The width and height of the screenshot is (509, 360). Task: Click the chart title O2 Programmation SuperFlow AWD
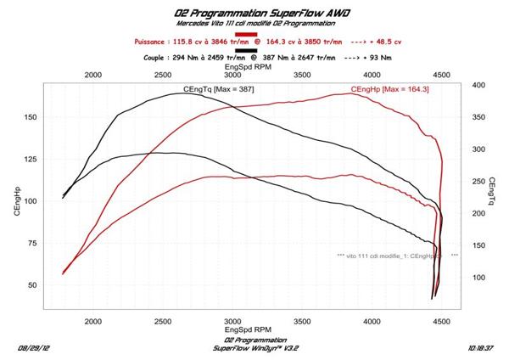coord(255,13)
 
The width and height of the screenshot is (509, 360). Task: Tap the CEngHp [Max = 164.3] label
coord(385,89)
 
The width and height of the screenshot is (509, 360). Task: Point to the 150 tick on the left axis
coord(32,117)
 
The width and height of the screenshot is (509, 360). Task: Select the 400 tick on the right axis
coord(478,86)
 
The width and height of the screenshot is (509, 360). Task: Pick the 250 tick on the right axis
coord(478,182)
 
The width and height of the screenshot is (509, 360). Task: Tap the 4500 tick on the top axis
coord(441,74)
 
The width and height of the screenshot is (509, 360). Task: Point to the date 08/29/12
coord(33,348)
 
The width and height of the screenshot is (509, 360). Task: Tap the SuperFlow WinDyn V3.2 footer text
coord(255,348)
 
